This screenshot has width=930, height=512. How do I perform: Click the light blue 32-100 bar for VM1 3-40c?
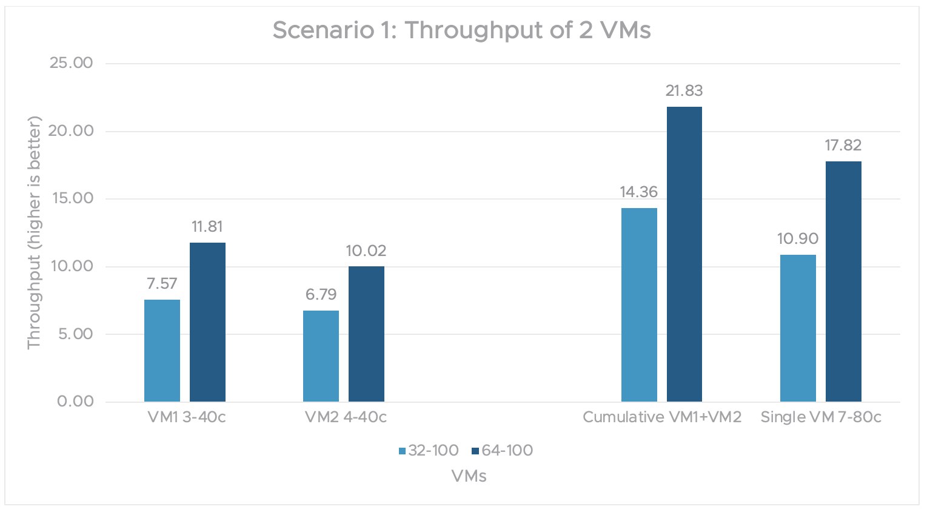162,351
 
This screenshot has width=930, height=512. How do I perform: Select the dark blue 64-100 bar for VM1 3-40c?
207,322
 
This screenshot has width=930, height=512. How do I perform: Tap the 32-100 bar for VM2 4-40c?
321,356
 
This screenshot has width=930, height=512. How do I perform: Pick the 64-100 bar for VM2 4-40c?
366,334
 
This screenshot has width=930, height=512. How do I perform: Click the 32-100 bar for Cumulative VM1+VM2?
639,305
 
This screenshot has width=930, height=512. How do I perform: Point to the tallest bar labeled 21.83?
684,254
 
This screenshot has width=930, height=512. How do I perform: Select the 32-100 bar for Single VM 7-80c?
798,328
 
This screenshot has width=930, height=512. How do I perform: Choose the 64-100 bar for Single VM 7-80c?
843,281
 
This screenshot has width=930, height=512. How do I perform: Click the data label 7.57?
162,284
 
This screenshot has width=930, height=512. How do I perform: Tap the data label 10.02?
366,251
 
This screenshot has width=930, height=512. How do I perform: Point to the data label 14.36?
638,192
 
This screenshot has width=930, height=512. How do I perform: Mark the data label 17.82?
843,146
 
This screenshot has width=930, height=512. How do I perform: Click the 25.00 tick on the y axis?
72,63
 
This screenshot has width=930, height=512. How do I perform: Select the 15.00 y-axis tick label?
72,198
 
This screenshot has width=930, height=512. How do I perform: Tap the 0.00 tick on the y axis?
76,402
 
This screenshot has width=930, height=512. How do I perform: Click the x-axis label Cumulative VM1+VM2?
662,417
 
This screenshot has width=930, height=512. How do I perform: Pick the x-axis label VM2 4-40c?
346,417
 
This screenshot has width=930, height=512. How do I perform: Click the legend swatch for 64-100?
475,451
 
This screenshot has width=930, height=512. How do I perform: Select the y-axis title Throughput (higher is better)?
34,232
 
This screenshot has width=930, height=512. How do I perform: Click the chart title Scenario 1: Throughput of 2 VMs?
461,30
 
